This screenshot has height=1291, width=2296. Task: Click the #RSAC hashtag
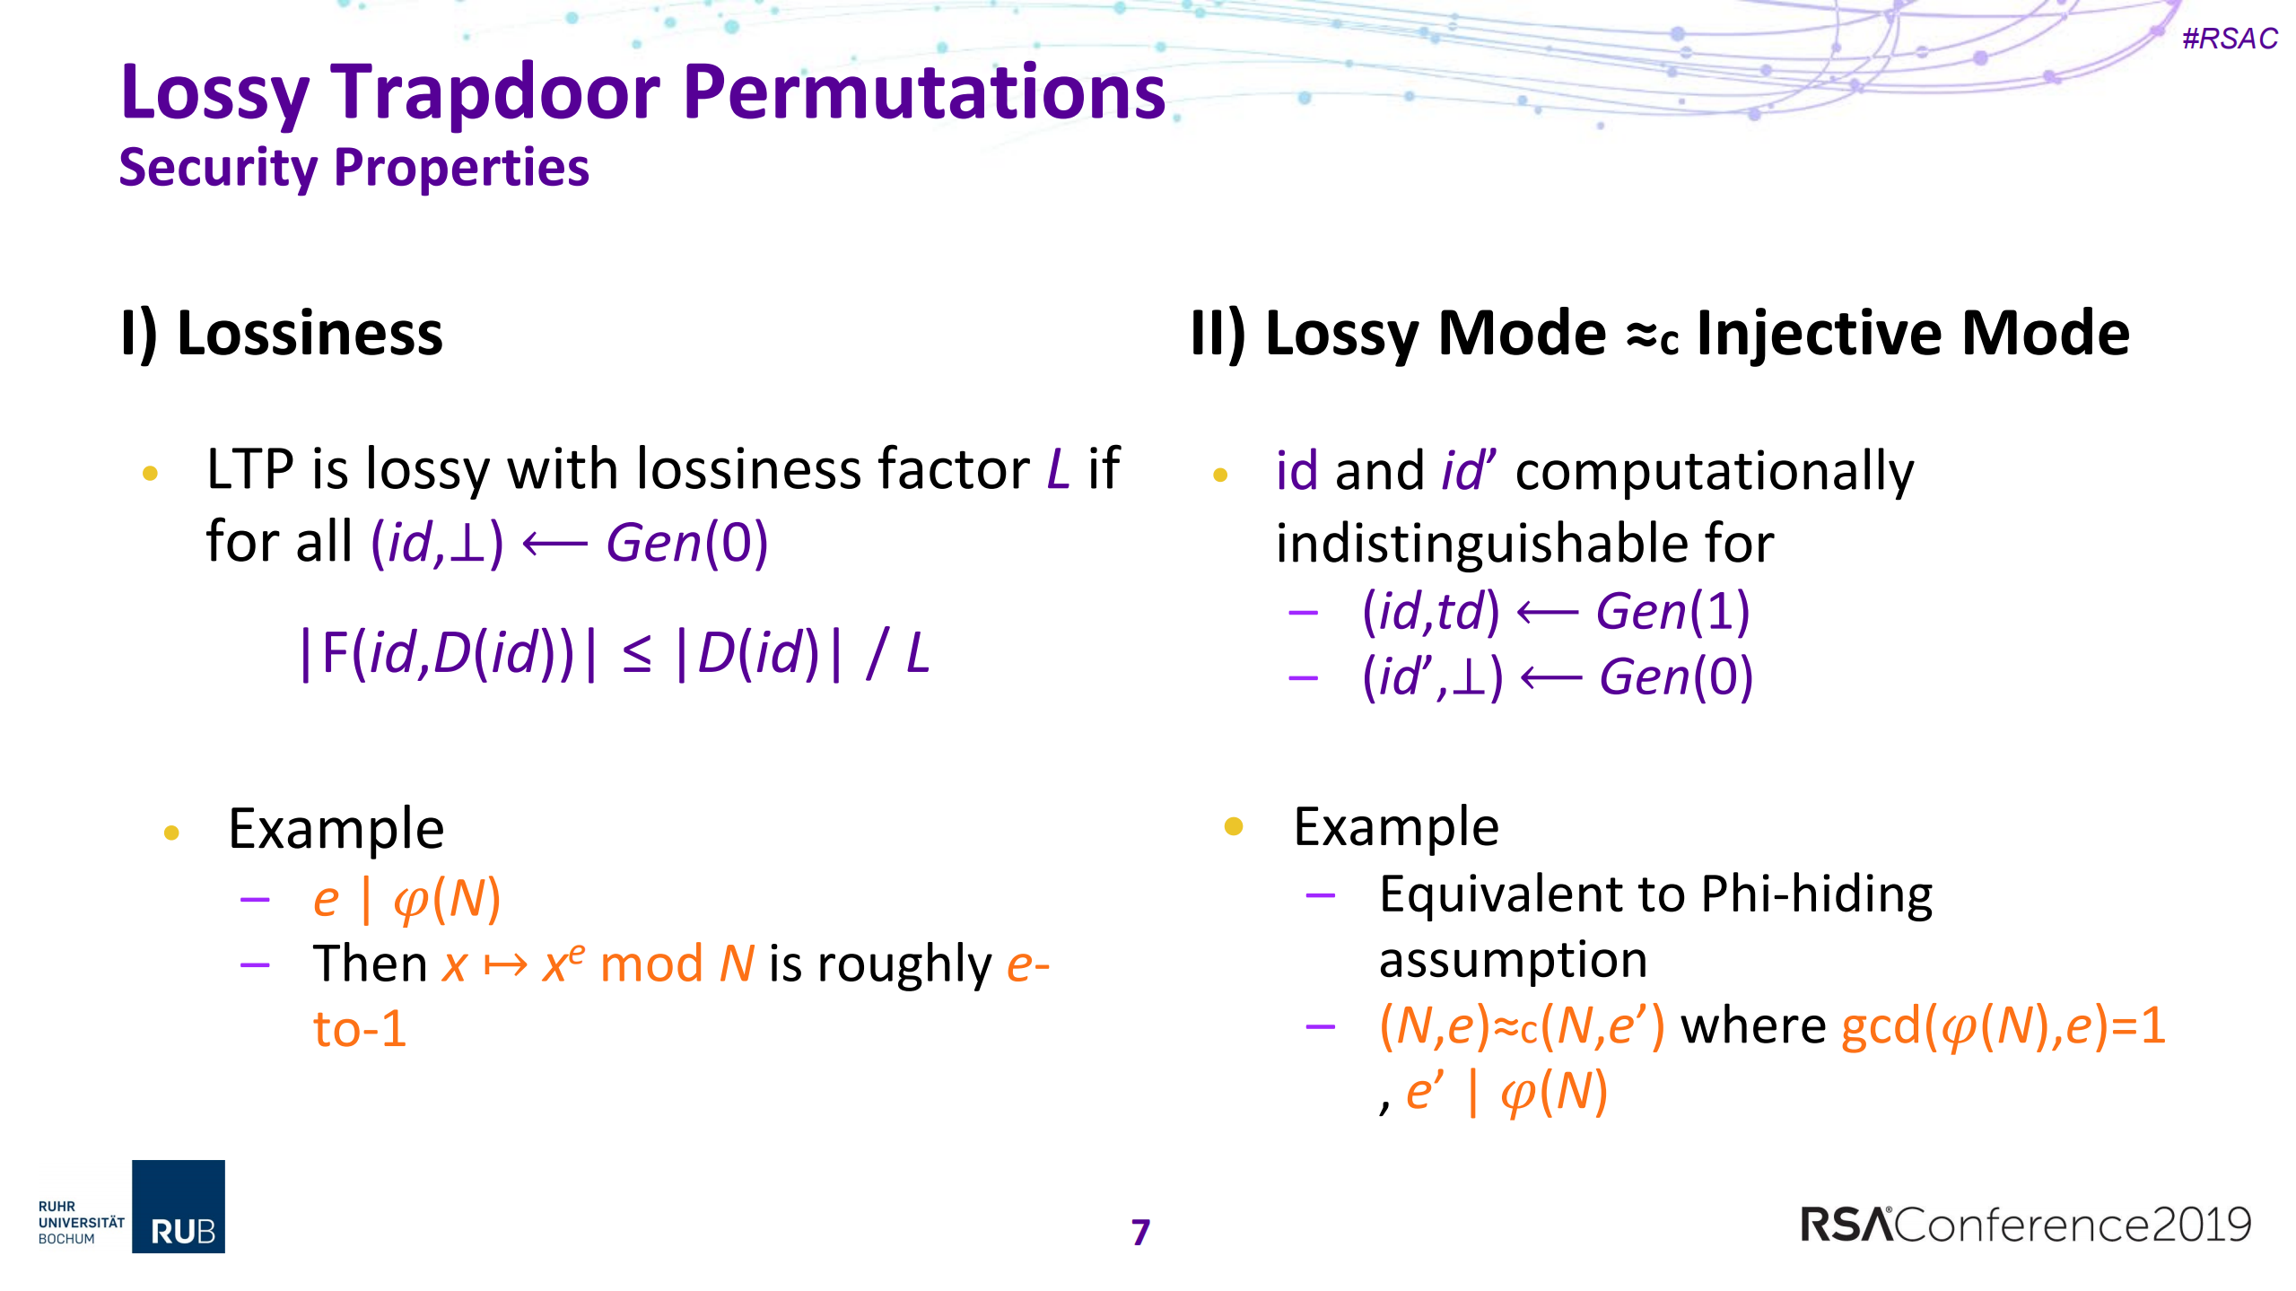(2229, 39)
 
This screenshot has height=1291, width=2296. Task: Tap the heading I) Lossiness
(282, 333)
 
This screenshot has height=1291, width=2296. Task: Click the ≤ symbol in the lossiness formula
(637, 654)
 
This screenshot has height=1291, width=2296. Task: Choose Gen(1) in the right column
(1672, 613)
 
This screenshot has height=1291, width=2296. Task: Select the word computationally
(1714, 471)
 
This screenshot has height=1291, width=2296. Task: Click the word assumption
(1513, 960)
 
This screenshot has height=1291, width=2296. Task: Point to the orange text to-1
(360, 1028)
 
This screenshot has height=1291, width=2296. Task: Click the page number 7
(1140, 1232)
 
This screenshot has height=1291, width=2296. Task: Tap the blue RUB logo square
(179, 1206)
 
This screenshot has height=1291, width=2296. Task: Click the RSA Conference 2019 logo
(2025, 1225)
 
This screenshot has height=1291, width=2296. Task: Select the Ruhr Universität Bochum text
(81, 1222)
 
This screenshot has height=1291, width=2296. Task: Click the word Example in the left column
(336, 829)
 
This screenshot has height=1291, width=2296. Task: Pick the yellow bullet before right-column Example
(1234, 826)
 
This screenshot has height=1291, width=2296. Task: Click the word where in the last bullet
(1752, 1025)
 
